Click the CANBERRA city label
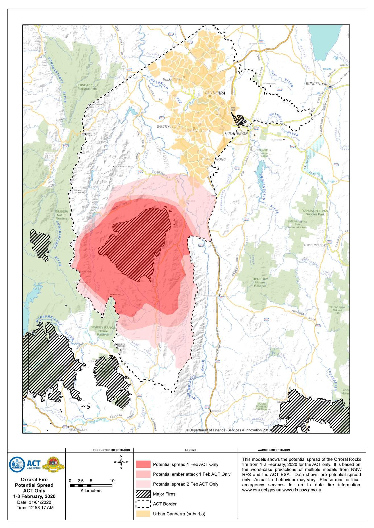215,93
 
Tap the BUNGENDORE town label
317,84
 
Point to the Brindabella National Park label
88,87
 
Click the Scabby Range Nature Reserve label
103,331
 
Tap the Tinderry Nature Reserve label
260,282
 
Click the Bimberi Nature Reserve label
61,215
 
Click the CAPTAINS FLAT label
315,245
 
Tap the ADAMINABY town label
78,430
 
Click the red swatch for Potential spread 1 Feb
143,464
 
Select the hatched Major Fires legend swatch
143,494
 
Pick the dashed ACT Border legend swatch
143,504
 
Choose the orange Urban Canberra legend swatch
143,514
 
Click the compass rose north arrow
121,462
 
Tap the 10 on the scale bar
112,481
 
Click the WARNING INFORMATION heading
273,450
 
